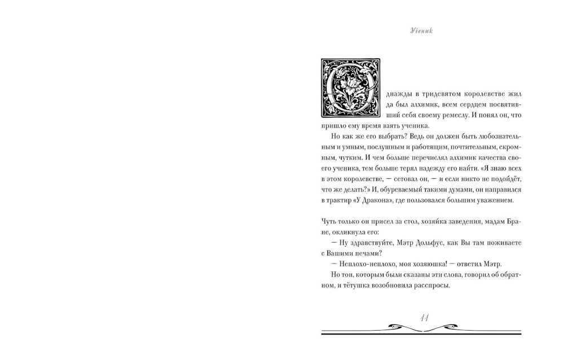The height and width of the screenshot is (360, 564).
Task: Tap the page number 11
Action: (x=425, y=319)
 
